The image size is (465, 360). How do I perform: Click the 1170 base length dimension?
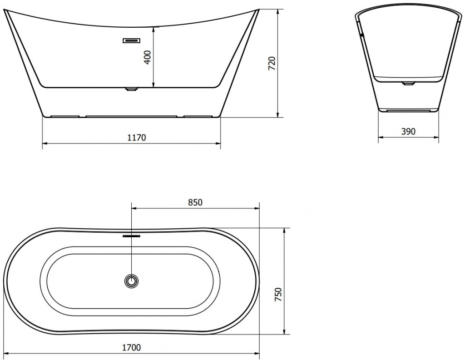(137, 138)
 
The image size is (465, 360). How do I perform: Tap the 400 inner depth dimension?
(148, 57)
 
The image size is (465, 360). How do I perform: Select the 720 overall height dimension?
(272, 63)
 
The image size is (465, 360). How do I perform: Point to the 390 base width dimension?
(408, 131)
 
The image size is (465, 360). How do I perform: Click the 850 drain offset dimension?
(195, 202)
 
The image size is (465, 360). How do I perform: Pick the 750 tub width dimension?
(278, 295)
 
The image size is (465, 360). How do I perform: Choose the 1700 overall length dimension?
(132, 347)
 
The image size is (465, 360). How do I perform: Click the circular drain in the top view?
(131, 281)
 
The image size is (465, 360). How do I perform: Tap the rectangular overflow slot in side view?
(131, 40)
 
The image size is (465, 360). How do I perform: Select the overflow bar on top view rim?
(131, 236)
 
